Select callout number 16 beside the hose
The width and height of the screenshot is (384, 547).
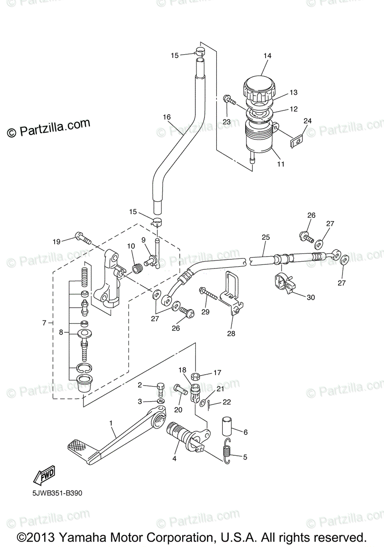pyautogui.click(x=167, y=117)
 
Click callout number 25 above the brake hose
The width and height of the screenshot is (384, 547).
pyautogui.click(x=266, y=237)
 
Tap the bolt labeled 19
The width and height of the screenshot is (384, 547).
pyautogui.click(x=82, y=237)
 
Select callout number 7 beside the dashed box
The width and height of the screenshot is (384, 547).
pyautogui.click(x=44, y=323)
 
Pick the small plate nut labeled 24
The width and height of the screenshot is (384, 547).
pyautogui.click(x=297, y=142)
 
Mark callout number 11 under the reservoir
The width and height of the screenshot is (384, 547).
pyautogui.click(x=281, y=164)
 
